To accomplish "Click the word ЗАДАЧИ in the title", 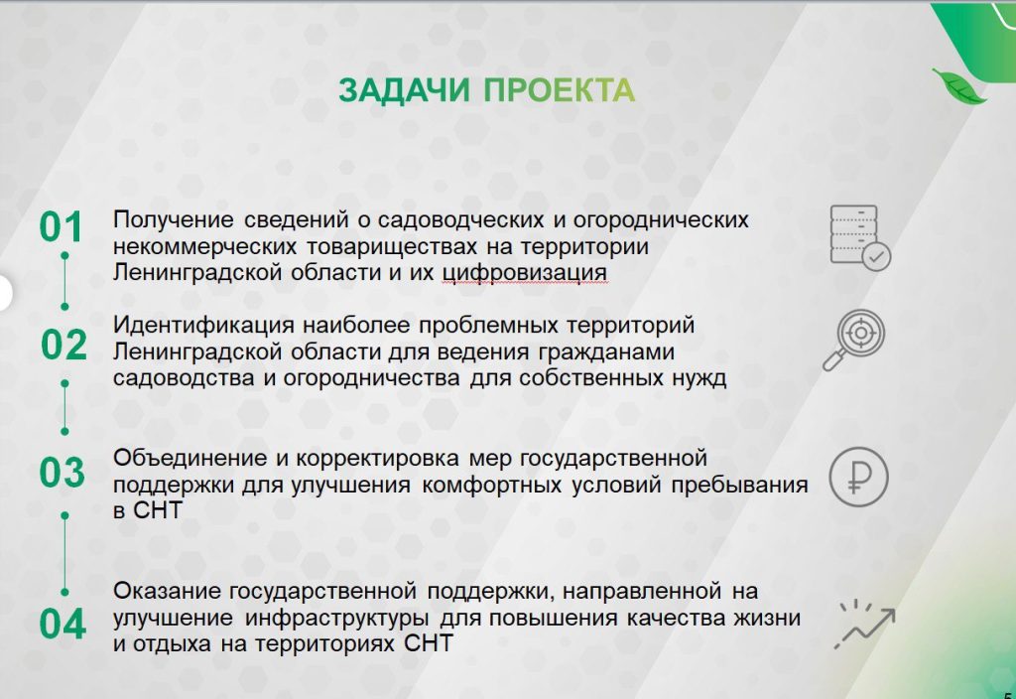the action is [404, 90].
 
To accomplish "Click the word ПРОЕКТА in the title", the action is [560, 90].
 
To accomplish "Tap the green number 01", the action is [62, 227].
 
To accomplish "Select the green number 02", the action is [63, 345].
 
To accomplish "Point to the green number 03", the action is [63, 472].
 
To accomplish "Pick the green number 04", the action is [63, 625].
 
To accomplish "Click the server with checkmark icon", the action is [860, 237].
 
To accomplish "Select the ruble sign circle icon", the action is [858, 477].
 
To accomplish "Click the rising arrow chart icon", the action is [864, 624].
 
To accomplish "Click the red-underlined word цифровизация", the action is [525, 273].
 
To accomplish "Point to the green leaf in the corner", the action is [958, 85].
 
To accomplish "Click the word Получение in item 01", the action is [173, 219].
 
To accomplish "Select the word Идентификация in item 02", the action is [203, 325].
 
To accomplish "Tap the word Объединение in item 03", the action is [190, 458].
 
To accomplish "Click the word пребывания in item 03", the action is [739, 485].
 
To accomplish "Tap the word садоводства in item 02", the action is [184, 378].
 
